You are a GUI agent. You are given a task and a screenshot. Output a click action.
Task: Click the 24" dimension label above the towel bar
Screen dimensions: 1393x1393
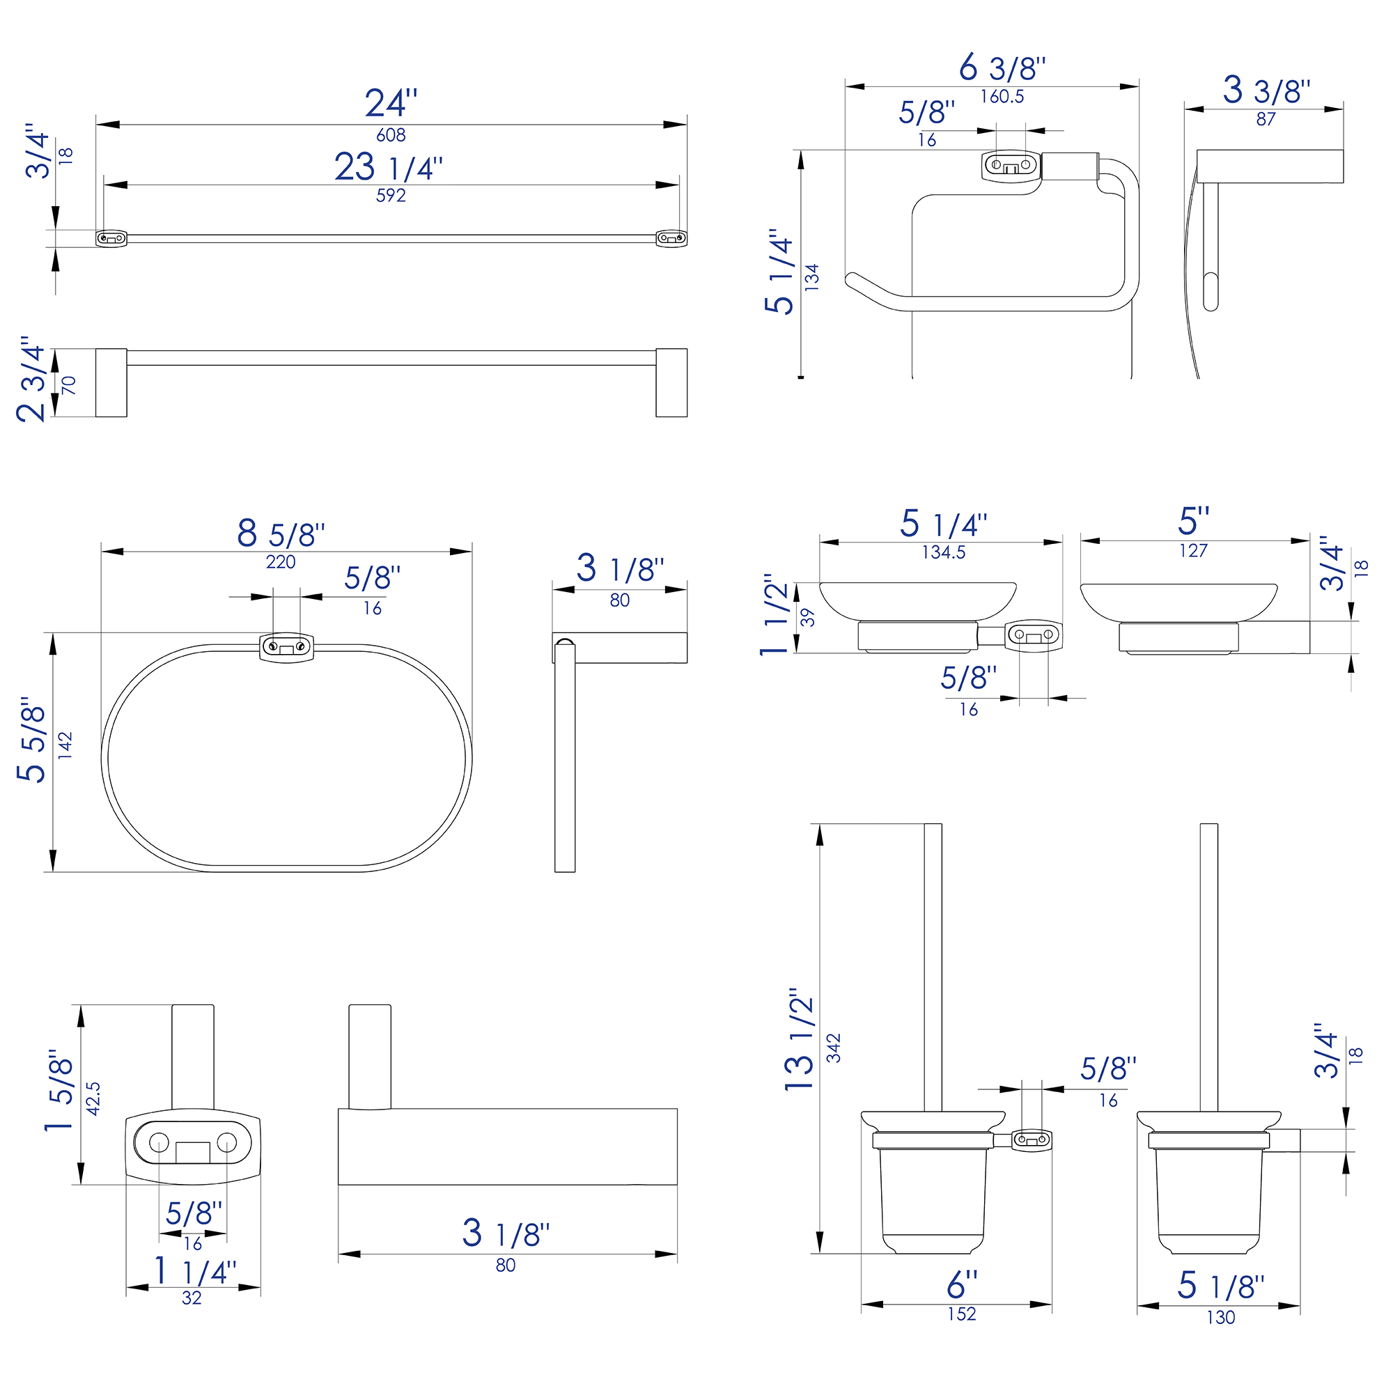click(x=391, y=104)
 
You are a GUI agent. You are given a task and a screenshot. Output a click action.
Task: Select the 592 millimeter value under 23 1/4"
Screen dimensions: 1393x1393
click(x=391, y=196)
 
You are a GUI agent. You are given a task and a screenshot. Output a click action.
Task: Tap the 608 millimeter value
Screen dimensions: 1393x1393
click(x=391, y=135)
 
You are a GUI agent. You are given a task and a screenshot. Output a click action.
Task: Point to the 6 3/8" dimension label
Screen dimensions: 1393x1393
click(x=1002, y=68)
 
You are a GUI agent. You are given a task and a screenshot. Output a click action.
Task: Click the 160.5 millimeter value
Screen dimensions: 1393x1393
click(x=1002, y=97)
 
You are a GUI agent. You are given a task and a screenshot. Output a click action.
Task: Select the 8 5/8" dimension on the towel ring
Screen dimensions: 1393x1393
click(x=281, y=534)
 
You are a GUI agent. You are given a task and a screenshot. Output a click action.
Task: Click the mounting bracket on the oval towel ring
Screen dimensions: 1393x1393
click(x=286, y=646)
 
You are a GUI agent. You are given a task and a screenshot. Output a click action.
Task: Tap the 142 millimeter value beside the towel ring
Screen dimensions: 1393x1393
click(x=65, y=745)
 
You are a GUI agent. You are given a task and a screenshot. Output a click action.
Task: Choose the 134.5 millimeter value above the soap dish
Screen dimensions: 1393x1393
click(x=943, y=552)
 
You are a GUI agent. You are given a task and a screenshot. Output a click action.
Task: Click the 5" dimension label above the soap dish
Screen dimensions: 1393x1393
click(x=1193, y=520)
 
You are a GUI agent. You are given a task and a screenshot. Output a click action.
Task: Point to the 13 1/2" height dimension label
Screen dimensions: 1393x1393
click(x=800, y=1040)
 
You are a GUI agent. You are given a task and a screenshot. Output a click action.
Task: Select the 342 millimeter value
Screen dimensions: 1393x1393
click(x=834, y=1048)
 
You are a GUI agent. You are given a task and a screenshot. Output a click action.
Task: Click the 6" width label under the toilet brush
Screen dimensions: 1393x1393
click(x=962, y=1284)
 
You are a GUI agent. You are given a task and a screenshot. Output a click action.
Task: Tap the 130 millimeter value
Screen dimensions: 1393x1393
click(x=1221, y=1317)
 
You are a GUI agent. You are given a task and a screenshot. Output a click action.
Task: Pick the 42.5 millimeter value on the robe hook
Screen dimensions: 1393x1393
click(x=94, y=1098)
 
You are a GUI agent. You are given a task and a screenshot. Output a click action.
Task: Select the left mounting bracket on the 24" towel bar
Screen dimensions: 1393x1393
click(x=111, y=238)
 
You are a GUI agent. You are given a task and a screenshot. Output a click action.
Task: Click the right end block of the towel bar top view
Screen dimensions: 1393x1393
click(x=671, y=383)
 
